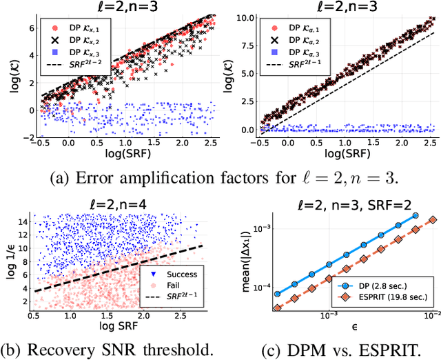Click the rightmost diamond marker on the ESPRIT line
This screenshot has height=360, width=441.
point(432,219)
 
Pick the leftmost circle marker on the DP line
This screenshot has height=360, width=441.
point(277,294)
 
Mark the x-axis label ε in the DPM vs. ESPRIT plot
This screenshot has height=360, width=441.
point(351,322)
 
